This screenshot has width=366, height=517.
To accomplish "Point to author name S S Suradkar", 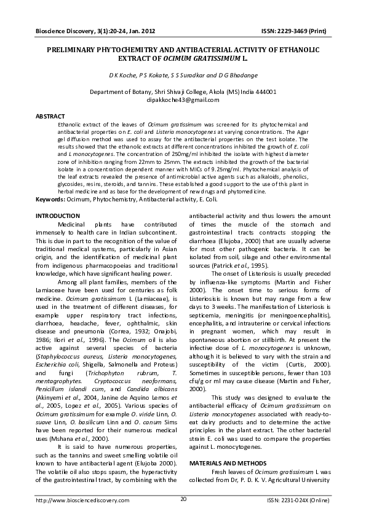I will click(181, 76).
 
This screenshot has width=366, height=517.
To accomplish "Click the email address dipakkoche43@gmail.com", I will click(183, 99).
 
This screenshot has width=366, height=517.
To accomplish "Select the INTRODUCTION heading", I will click(57, 216).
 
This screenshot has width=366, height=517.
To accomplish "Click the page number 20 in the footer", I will click(183, 499).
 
